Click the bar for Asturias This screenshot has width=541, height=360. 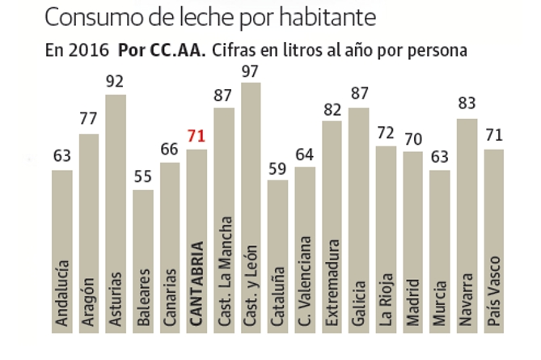pos(116,162)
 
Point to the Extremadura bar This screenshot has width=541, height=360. pos(332,186)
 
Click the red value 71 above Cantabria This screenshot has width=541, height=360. pos(197,136)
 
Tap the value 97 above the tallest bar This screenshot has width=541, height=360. pos(251,70)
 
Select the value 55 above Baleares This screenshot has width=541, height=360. pos(143,177)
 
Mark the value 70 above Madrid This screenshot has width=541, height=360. pos(412,138)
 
